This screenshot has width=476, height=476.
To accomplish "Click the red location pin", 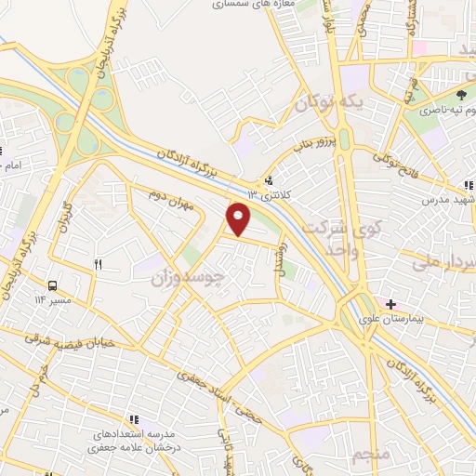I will point(239,219).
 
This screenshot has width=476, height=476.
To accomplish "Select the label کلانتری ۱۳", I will point(269,194).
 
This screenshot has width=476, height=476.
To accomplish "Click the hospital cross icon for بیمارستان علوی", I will point(391,304).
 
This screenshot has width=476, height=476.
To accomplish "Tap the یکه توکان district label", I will point(328,105).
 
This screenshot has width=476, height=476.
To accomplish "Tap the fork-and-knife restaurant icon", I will point(97,265).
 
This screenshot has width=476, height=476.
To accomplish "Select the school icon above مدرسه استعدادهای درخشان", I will point(134,419).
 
